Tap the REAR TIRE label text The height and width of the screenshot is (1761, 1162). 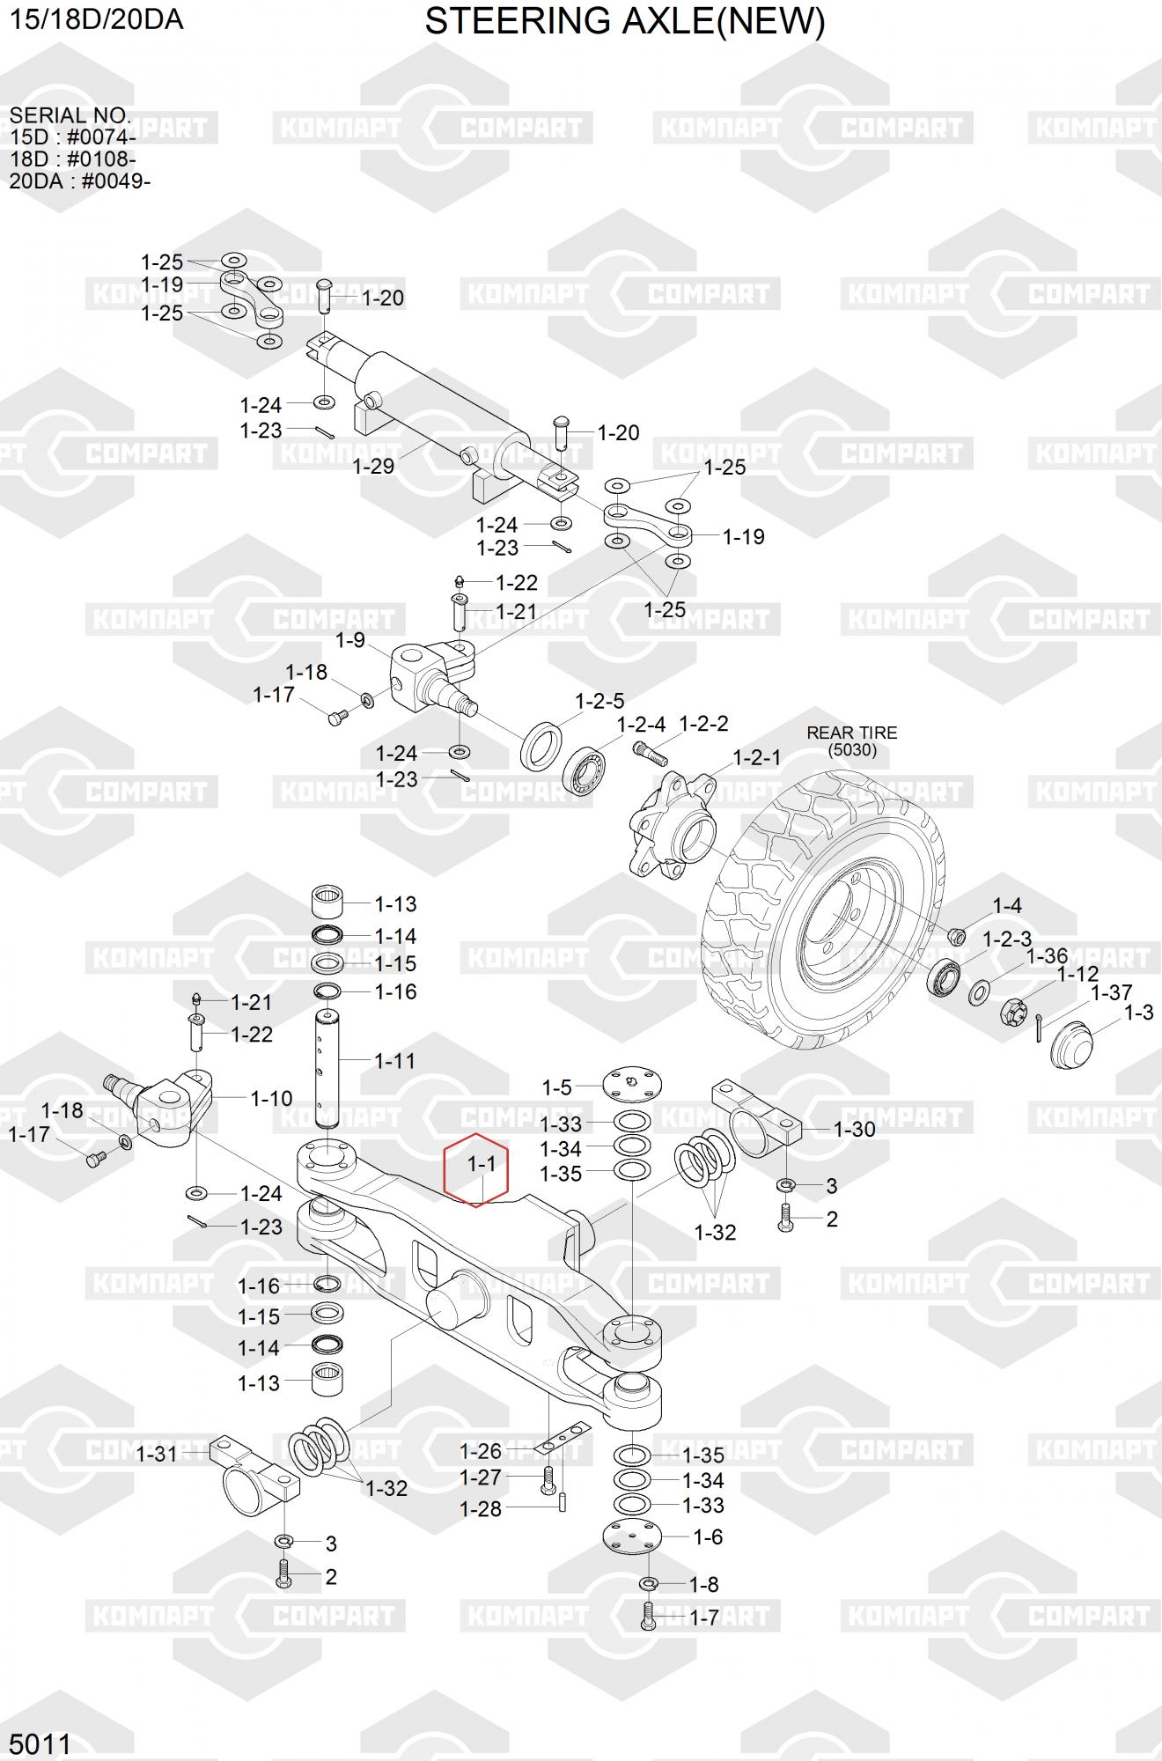[852, 733]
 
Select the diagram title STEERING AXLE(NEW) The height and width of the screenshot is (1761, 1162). [625, 22]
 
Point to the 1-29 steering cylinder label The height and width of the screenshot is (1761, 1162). [373, 466]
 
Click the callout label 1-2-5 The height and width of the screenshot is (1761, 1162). [599, 701]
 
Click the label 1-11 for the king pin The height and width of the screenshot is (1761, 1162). [395, 1061]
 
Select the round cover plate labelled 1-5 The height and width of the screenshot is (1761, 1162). [632, 1085]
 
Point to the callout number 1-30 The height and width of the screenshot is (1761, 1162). [854, 1129]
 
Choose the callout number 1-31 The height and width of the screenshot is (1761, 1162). [157, 1454]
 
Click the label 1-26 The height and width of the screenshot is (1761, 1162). [481, 1450]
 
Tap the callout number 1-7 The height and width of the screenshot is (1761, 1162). [704, 1617]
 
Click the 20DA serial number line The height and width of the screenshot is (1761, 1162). [80, 181]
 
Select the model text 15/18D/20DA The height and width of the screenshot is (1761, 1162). [97, 18]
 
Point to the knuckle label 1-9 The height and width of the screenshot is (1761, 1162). [350, 640]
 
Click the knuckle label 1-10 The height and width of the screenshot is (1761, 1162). [271, 1098]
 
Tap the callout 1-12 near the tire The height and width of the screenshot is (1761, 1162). [1077, 974]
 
